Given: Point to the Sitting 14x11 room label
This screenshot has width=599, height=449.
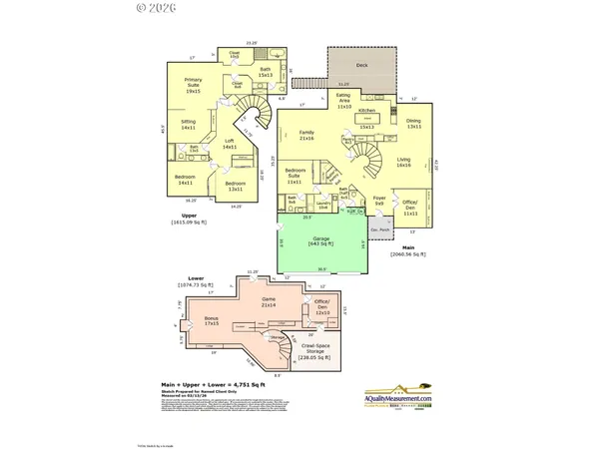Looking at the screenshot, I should click(x=188, y=126).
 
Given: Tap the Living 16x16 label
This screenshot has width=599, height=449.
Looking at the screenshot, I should click(x=404, y=162).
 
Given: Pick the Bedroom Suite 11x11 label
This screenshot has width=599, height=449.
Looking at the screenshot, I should click(x=295, y=176).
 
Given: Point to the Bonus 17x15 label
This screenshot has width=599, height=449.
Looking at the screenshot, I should click(x=212, y=321).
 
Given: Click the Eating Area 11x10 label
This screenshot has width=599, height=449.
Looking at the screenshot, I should click(x=343, y=103).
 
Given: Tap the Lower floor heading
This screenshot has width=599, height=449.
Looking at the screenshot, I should click(x=197, y=278).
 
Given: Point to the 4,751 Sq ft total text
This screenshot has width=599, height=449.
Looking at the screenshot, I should click(x=211, y=383).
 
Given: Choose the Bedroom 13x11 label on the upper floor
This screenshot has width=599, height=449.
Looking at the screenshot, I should click(x=236, y=186).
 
